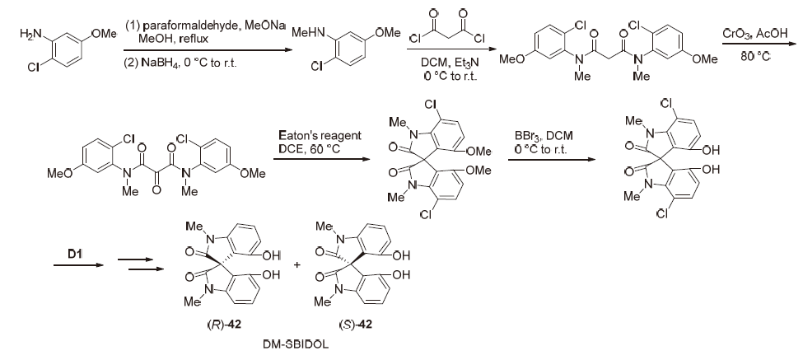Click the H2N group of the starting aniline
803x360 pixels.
30,34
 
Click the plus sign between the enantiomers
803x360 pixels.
298,266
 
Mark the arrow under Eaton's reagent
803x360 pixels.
321,159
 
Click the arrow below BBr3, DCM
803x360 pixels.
552,159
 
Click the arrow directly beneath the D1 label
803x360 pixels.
79,265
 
